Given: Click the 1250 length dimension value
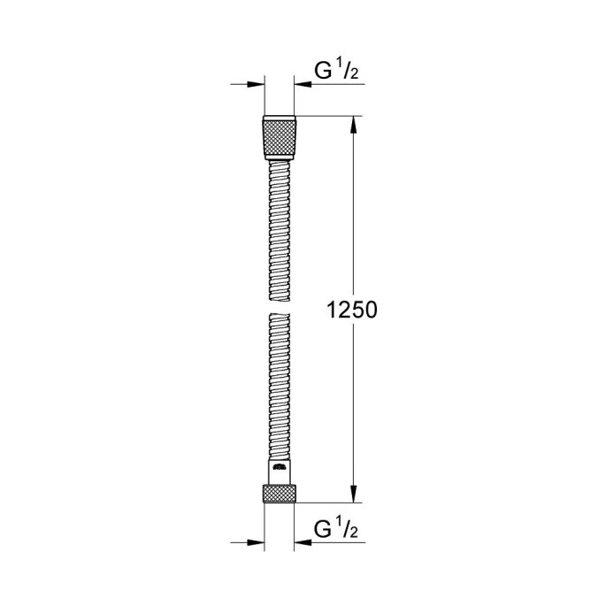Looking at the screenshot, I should pos(353,311).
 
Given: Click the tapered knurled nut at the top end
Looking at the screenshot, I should pos(280,136).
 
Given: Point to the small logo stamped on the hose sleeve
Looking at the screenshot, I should pos(280,467).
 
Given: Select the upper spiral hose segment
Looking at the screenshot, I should pos(280,230).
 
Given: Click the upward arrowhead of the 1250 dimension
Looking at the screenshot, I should pos(353,124).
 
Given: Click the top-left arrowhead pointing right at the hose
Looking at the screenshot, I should pos(258,85).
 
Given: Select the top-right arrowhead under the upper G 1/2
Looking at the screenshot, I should pos(303,85).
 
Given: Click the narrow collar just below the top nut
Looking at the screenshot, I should pos(280,160).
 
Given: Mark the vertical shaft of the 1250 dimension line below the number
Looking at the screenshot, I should pos(353,407).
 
